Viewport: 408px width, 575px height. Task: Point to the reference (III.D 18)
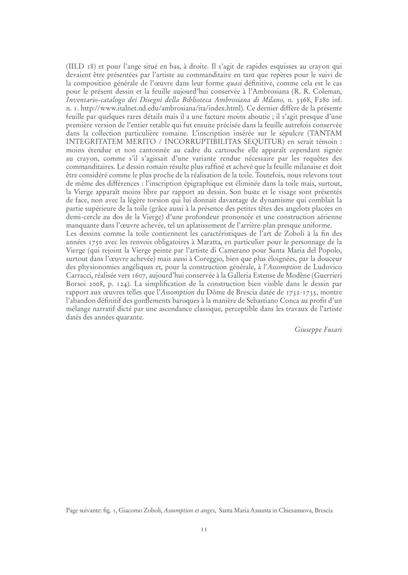click(79, 66)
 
